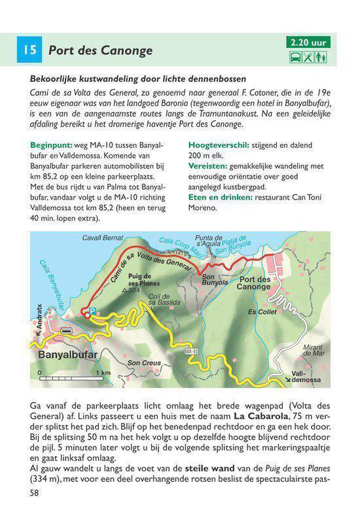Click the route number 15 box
29,50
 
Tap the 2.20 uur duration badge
308,43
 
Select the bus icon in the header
296,57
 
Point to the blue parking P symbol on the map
92,312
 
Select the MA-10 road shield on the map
191,352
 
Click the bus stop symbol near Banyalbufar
66,331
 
